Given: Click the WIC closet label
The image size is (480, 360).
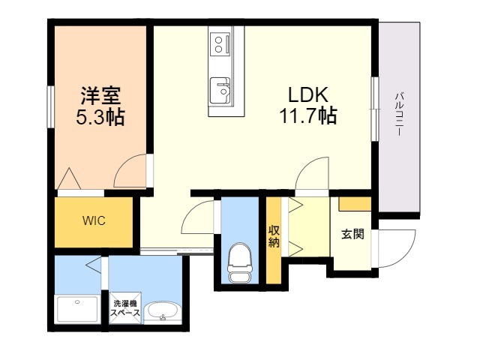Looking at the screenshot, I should point(94,221).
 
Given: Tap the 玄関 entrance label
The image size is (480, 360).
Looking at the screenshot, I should point(352,234).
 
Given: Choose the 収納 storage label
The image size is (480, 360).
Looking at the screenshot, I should point(274,236).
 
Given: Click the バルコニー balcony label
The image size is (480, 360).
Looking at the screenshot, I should point(399,112).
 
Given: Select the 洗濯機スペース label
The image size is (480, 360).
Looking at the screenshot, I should point(125,308).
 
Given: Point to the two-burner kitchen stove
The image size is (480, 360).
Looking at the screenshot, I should point(220,43).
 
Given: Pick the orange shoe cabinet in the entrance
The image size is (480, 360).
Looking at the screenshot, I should point(355,204).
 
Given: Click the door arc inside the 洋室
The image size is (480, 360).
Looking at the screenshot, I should point(131,171).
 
